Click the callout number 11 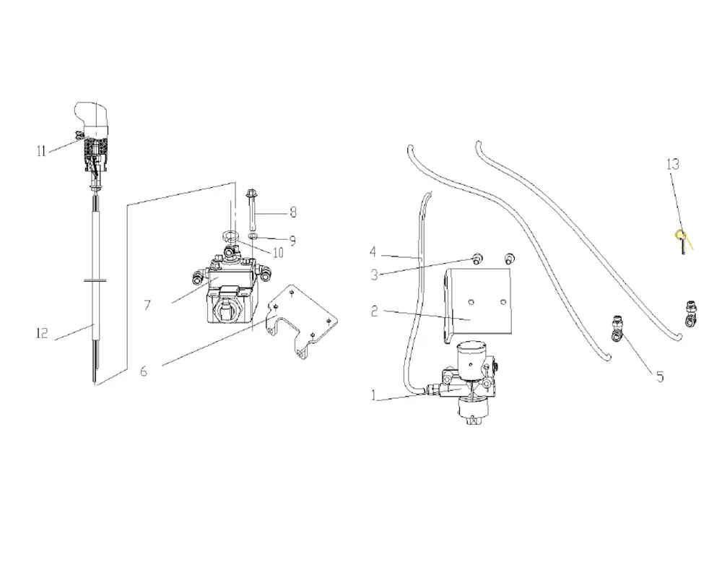[41, 151]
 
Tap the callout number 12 [42, 333]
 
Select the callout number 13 [673, 164]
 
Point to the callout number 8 [293, 212]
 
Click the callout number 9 [292, 241]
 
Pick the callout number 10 [278, 253]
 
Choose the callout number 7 [147, 305]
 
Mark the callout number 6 [144, 371]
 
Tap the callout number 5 [660, 377]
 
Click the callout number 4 [373, 251]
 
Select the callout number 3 [374, 275]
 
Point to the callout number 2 [374, 311]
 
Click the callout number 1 [374, 395]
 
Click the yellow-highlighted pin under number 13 [682, 241]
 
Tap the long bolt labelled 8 [251, 210]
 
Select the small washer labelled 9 [253, 236]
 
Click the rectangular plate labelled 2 [479, 305]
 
